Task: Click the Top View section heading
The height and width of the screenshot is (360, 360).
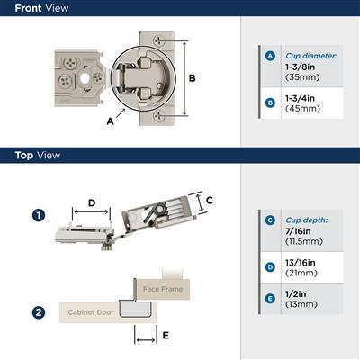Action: point(37,155)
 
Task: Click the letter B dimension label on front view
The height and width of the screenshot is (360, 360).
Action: point(191,78)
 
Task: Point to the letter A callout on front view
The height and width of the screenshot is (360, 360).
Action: point(109,119)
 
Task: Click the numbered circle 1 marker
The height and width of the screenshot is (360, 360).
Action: point(38,216)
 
